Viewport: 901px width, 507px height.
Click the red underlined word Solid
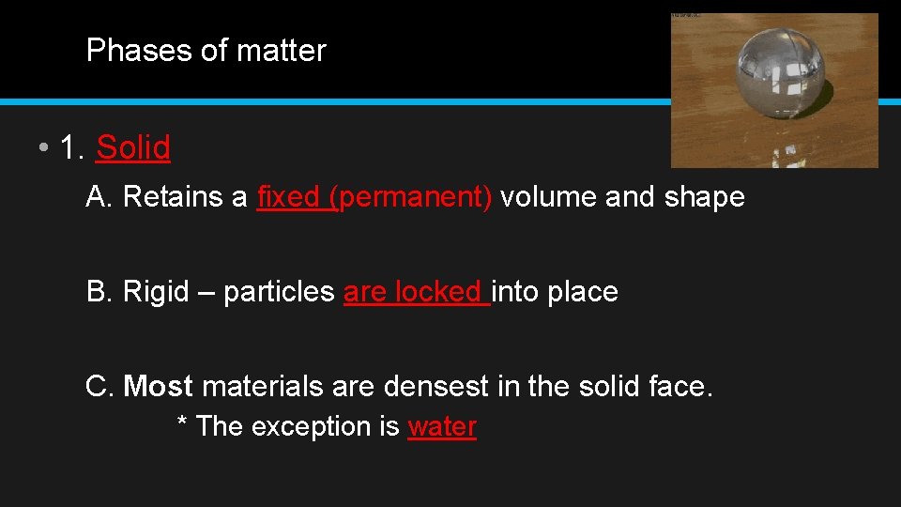133,147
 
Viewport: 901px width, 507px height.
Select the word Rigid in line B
156,292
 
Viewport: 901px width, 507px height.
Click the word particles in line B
279,292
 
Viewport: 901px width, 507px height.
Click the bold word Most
158,386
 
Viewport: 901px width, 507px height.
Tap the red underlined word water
442,426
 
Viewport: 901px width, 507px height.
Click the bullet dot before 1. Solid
44,148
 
